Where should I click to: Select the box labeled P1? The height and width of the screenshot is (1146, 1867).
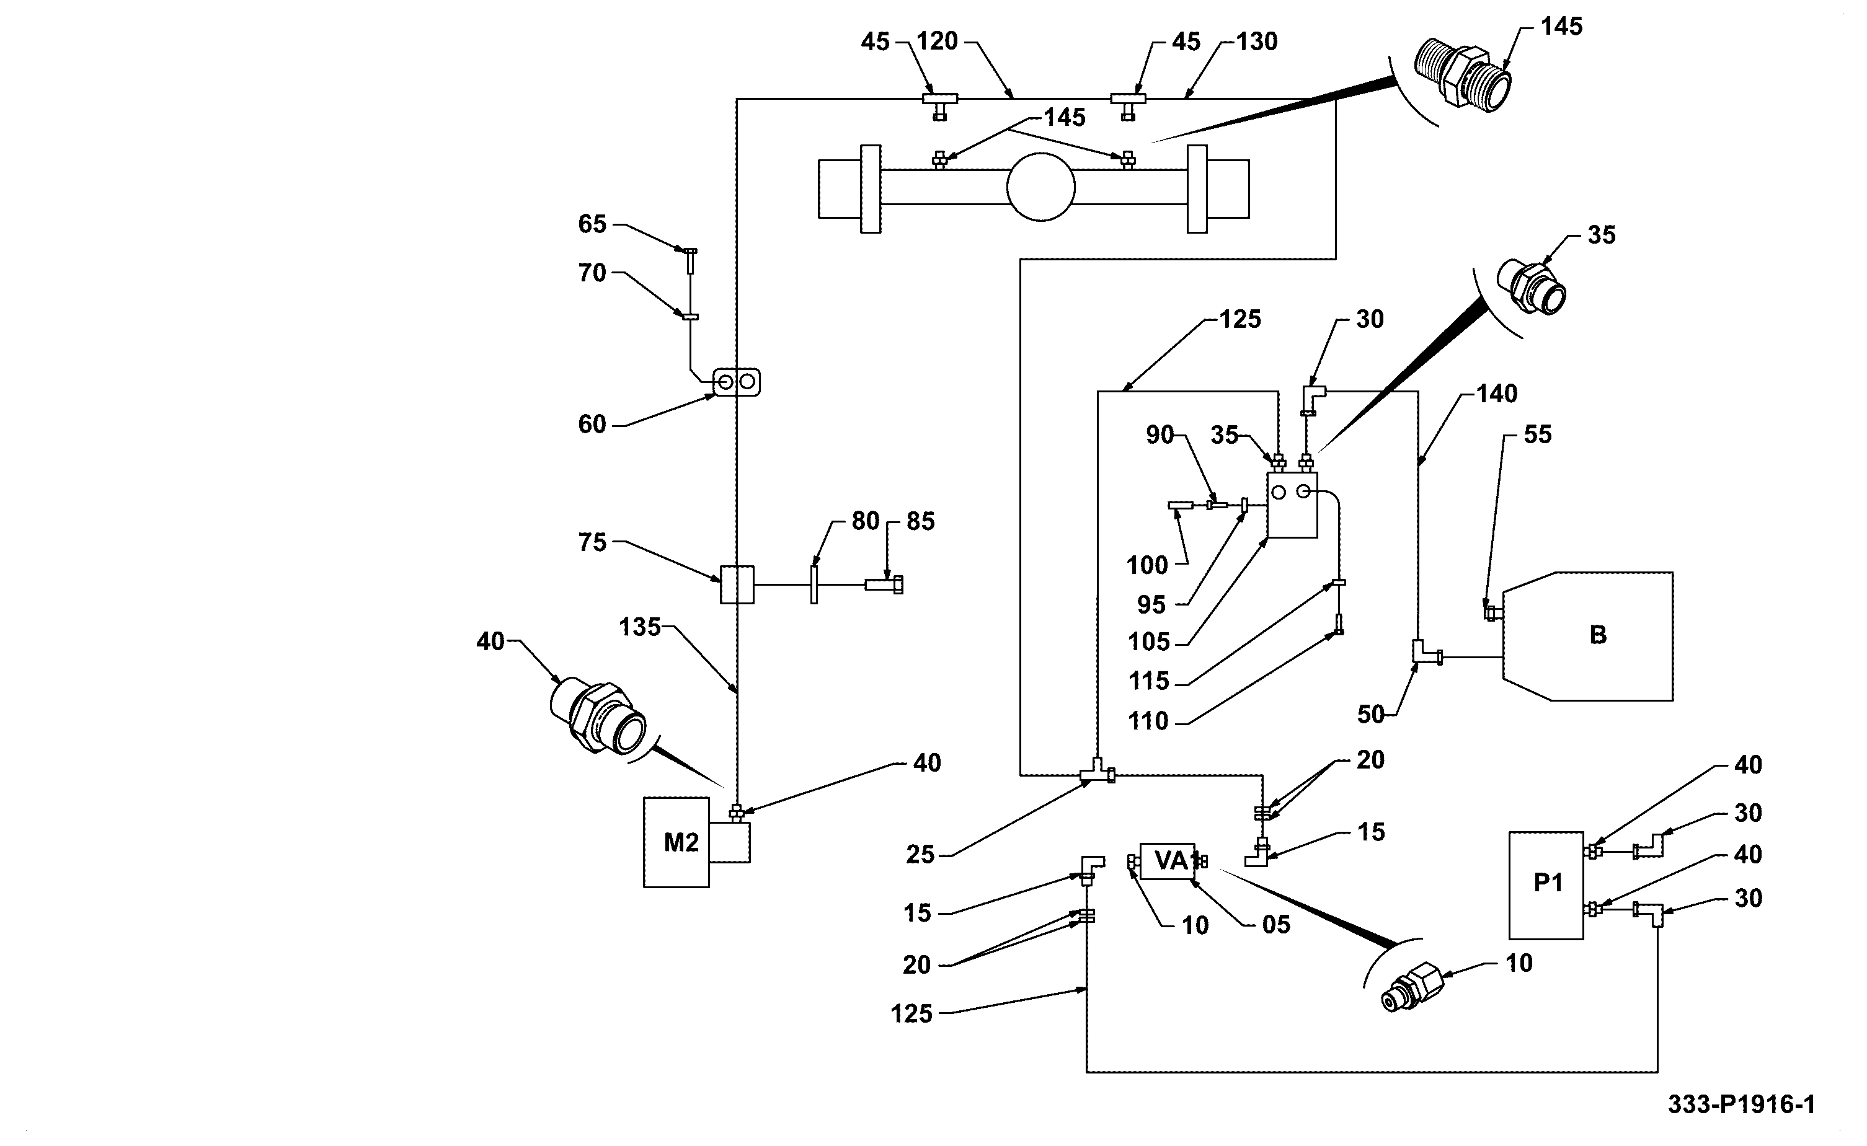coord(1546,885)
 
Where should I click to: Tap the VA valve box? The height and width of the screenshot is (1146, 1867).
coord(1168,861)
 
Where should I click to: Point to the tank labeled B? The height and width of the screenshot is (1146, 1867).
coord(1588,636)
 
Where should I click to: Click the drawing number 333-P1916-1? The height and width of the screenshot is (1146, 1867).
coord(1741,1104)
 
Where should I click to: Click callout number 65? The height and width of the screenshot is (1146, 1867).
coord(592,224)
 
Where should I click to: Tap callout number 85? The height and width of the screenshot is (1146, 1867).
coord(920,521)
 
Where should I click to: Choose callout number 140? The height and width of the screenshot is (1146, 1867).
coord(1496,394)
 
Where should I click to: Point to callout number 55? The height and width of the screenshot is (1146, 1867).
coord(1537,434)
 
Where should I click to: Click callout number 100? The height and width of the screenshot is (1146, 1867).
coord(1147,565)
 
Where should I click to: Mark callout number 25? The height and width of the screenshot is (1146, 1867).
coord(920,855)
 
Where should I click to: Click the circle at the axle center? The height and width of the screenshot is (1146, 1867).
coord(1040,187)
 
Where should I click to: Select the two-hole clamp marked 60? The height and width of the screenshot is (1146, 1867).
coord(736,382)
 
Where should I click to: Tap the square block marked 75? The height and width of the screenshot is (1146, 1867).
coord(737,584)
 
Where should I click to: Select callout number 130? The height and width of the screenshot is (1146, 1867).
coord(1257,42)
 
